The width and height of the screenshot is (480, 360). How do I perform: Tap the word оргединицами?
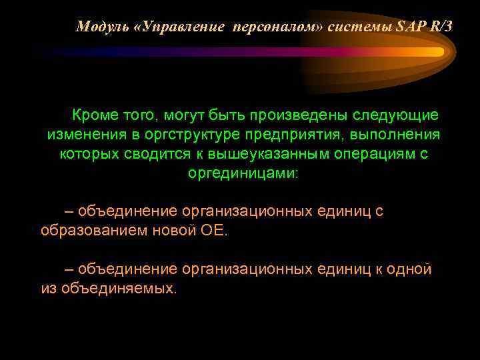point(243,173)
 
